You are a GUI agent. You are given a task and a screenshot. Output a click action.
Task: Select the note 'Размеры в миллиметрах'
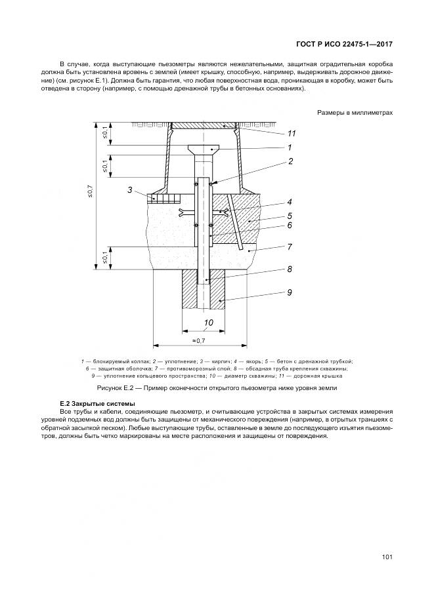(x=355, y=113)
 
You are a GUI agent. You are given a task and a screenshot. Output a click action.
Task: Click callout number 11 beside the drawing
(x=292, y=133)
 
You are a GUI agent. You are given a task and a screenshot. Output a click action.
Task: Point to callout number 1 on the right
(x=289, y=148)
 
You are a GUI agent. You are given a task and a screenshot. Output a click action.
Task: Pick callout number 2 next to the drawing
(x=290, y=161)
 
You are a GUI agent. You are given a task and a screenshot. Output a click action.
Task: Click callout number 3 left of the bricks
(x=131, y=190)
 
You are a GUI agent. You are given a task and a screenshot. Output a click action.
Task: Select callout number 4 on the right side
(x=289, y=202)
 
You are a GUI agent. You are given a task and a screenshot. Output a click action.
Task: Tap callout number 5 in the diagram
(x=289, y=214)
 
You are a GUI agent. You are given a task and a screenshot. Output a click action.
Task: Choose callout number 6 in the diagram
(x=289, y=226)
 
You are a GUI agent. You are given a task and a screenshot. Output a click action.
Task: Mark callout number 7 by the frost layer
(x=289, y=247)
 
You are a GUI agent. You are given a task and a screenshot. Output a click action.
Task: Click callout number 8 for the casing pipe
(x=289, y=269)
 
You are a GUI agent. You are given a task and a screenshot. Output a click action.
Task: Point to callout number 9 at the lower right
(x=289, y=293)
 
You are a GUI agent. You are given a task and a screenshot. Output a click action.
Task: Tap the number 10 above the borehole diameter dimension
(x=208, y=323)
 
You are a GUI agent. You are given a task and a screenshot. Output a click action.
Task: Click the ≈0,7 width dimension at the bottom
(x=200, y=341)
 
